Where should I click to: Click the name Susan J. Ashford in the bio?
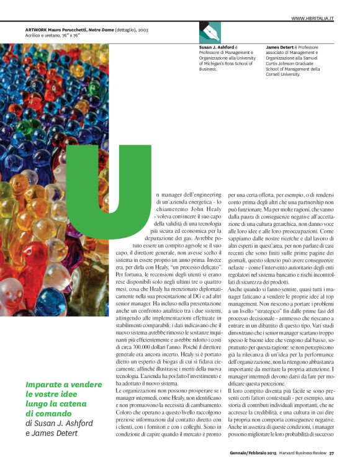click(x=215, y=47)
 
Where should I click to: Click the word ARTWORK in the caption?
click(x=36, y=29)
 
